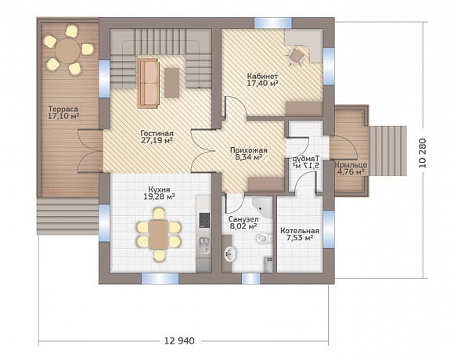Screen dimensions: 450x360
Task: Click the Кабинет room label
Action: (x=262, y=77)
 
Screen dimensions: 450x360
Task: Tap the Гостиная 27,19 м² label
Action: (x=157, y=137)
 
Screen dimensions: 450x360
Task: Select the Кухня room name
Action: (x=160, y=189)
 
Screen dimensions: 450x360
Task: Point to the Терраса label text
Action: (x=63, y=109)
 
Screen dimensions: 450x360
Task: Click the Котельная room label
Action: (x=300, y=231)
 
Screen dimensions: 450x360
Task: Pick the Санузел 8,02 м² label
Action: (x=243, y=223)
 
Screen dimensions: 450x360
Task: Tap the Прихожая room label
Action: (x=249, y=150)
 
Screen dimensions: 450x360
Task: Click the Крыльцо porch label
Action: (x=351, y=165)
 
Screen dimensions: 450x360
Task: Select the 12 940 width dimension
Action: (x=179, y=341)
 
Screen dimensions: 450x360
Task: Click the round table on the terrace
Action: (x=68, y=51)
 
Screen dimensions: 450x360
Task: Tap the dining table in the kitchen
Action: (x=158, y=235)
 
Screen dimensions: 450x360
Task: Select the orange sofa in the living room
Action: (x=148, y=83)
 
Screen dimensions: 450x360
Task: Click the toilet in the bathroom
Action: (x=265, y=238)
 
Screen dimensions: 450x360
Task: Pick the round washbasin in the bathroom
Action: (x=230, y=254)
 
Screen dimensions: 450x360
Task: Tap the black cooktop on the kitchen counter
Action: (x=204, y=220)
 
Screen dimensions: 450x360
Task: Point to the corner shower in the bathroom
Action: (x=261, y=207)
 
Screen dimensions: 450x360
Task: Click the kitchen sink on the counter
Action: (x=204, y=246)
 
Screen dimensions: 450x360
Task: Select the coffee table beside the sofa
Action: (x=171, y=83)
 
